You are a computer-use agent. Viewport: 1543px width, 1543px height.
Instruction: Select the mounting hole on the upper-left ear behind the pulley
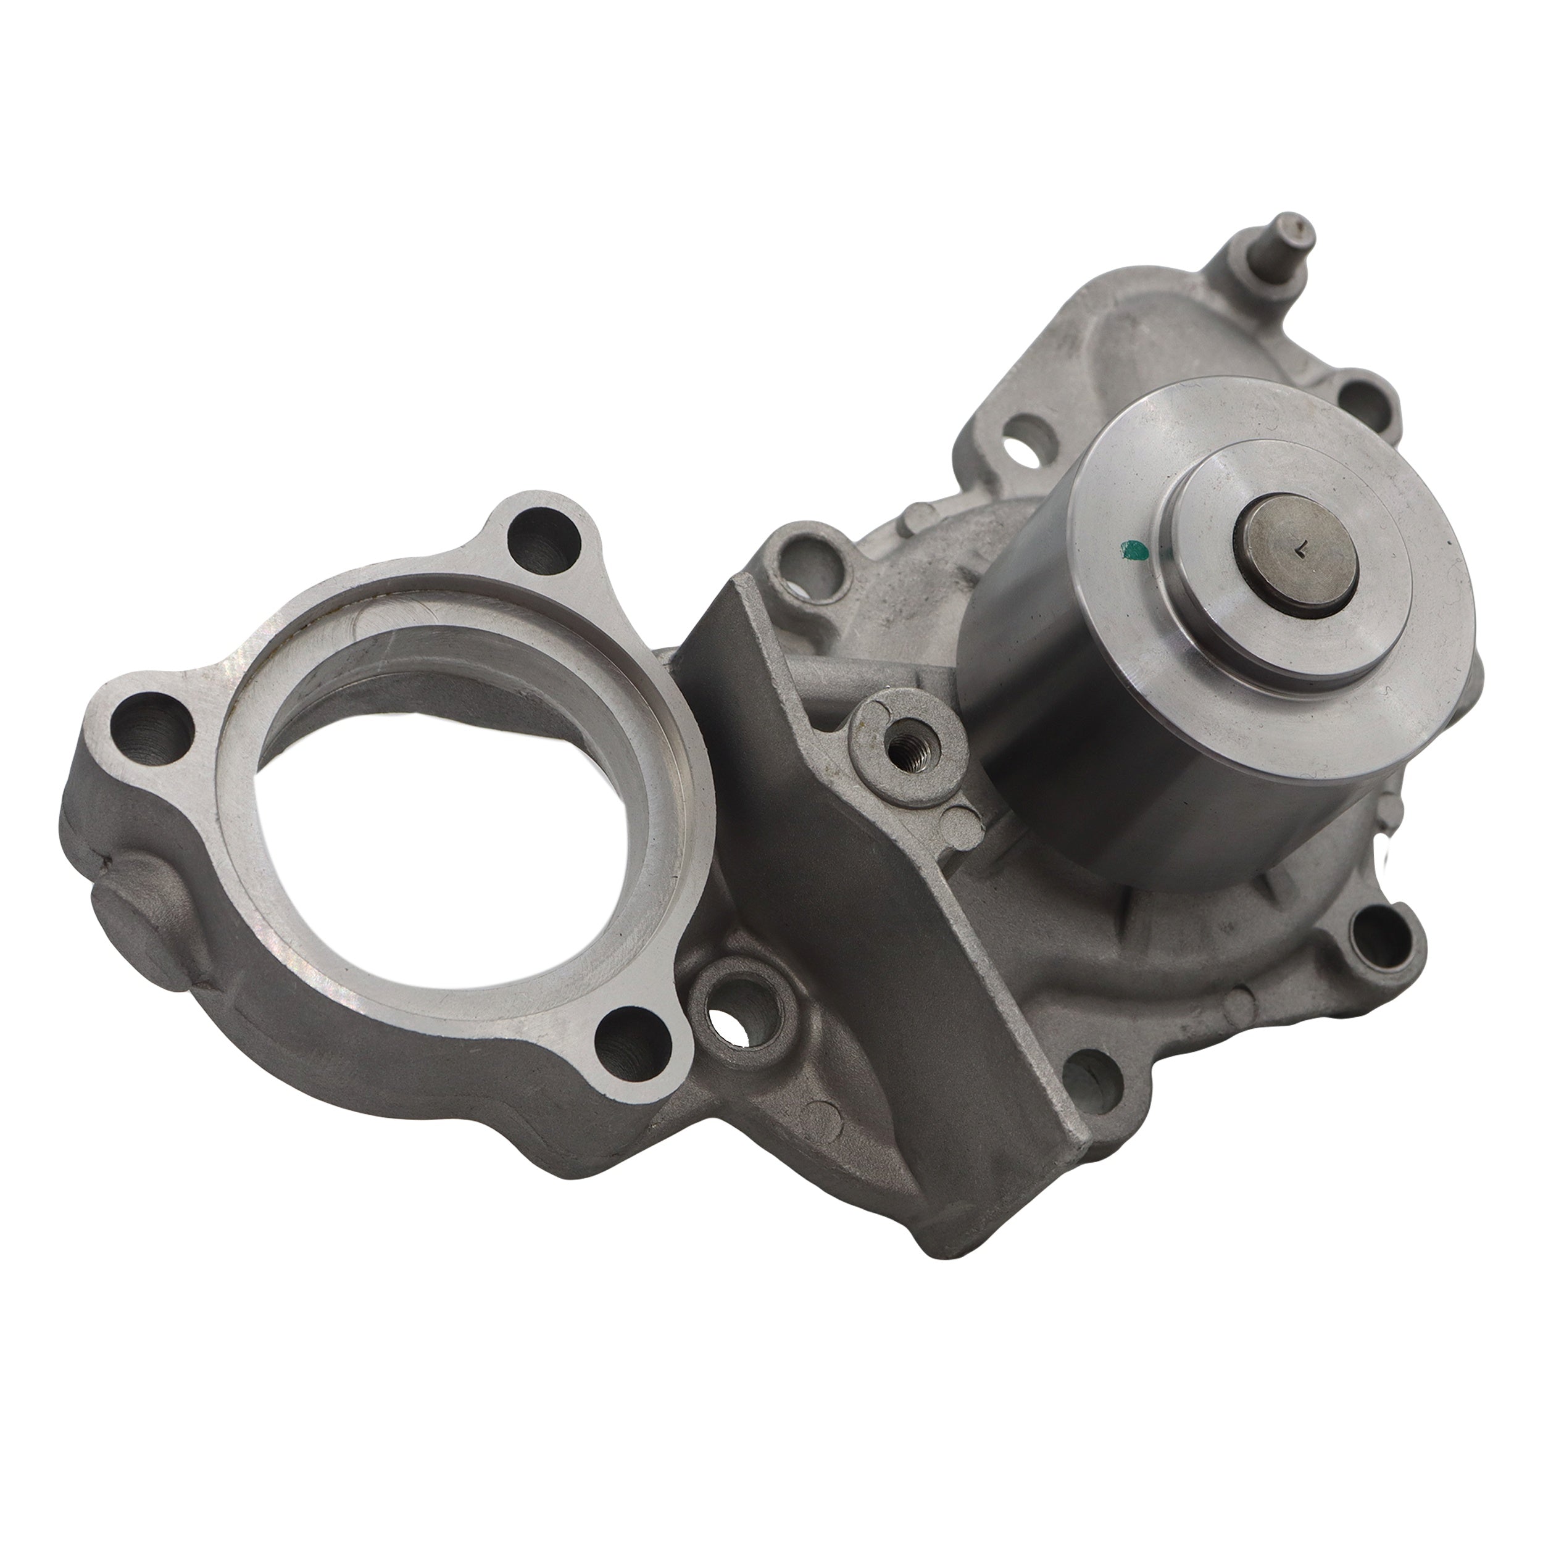click(807, 563)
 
